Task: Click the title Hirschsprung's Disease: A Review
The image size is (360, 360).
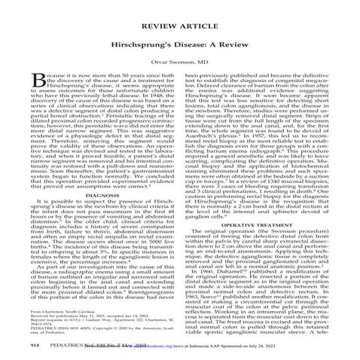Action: [179, 38]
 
